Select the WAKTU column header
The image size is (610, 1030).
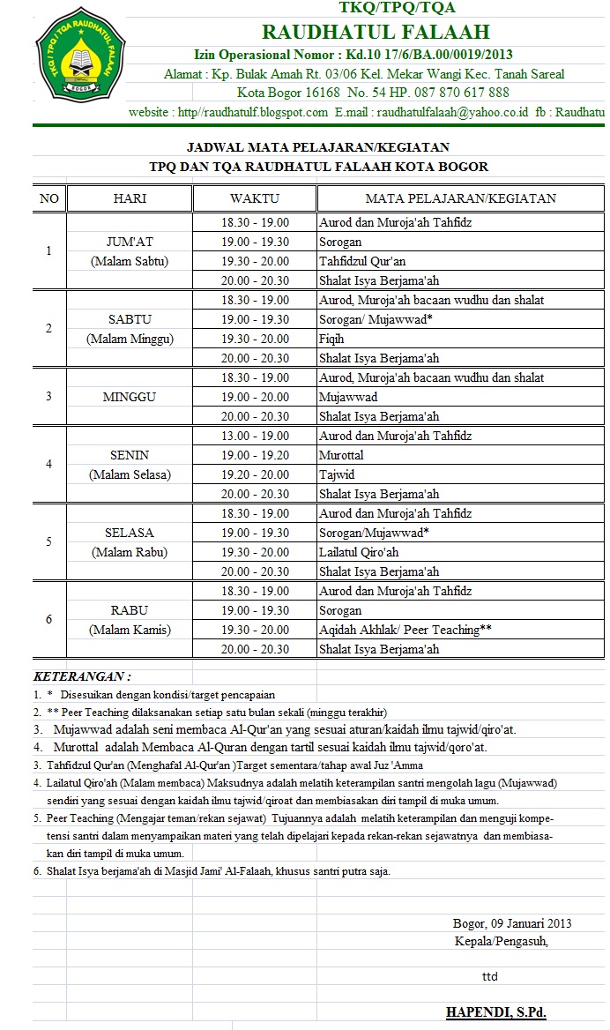(255, 198)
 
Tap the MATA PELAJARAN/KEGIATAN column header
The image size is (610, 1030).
(461, 198)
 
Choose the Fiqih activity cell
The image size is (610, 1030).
(331, 339)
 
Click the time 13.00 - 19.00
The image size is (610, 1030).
(255, 436)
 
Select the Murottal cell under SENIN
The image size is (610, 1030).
(341, 455)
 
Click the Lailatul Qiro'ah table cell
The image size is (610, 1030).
(359, 552)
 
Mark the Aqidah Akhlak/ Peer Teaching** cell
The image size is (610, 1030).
(405, 630)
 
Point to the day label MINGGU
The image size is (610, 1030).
(130, 397)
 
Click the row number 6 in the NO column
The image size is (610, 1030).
(49, 620)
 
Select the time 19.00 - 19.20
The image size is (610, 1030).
(255, 455)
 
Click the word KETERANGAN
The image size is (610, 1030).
(80, 676)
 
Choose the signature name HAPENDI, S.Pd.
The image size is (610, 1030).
(495, 1012)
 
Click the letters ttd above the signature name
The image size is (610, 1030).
(489, 977)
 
